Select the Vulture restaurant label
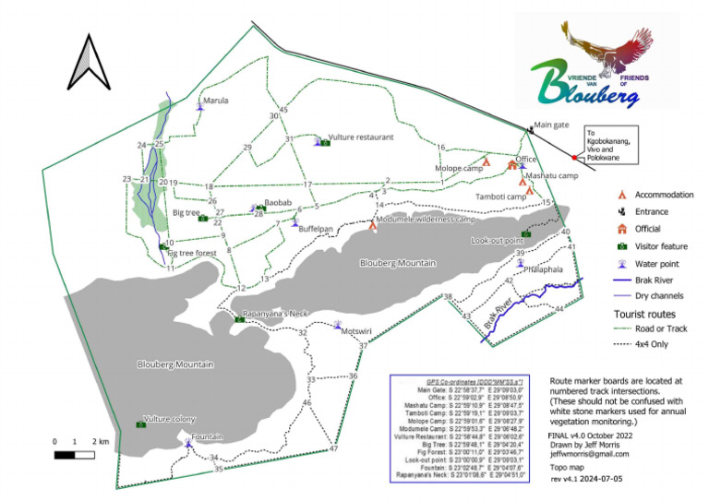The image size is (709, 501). pyautogui.click(x=361, y=137)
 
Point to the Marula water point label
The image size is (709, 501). pyautogui.click(x=216, y=101)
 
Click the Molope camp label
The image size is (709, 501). pyautogui.click(x=460, y=169)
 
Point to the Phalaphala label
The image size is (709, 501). pyautogui.click(x=542, y=270)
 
